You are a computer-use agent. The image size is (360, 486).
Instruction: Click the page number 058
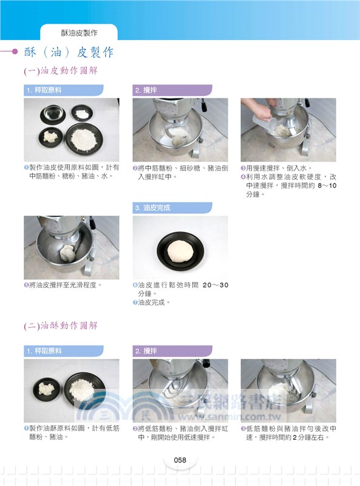tap(179, 460)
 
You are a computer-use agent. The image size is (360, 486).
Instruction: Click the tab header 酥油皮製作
tap(78, 32)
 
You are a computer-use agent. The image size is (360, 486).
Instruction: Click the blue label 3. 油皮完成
tap(152, 208)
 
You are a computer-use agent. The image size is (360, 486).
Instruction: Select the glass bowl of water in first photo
tap(50, 113)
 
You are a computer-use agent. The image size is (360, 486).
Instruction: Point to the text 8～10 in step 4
tap(327, 185)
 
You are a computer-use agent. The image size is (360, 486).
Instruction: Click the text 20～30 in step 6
tap(215, 285)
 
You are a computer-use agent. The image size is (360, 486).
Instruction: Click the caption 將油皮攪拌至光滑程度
tap(66, 284)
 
